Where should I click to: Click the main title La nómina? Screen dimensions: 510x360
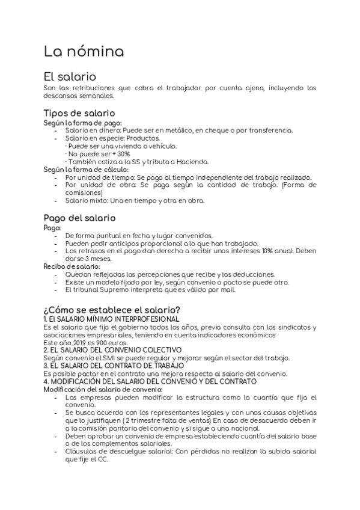click(84, 52)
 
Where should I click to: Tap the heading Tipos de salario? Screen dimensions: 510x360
click(79, 113)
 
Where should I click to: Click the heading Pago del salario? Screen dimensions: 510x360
click(79, 217)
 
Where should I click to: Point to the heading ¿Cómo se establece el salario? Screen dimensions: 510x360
click(112, 309)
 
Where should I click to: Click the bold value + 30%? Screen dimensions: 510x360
click(120, 153)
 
